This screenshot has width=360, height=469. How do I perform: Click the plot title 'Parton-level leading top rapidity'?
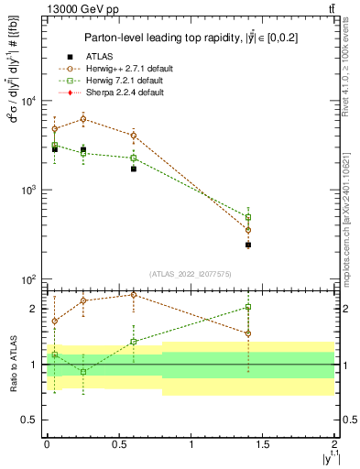[x=183, y=38]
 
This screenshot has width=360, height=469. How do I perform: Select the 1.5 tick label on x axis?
[x=263, y=442]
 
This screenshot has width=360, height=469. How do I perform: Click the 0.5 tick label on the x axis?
[x=118, y=442]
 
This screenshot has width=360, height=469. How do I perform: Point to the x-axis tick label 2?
[x=335, y=442]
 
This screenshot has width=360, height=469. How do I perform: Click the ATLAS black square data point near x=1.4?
[x=248, y=245]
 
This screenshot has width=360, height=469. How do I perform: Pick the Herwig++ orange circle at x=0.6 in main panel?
[x=134, y=136]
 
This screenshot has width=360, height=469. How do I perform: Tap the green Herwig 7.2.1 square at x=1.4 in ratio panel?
[x=248, y=307]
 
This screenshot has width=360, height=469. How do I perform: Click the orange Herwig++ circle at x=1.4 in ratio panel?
[x=248, y=333]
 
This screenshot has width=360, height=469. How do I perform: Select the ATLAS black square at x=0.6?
[x=134, y=169]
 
